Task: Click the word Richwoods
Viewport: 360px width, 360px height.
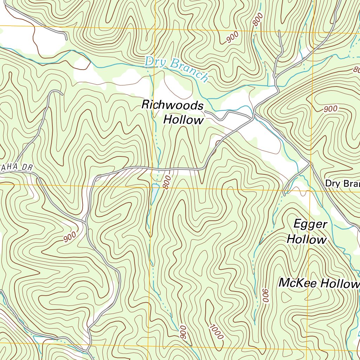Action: (172, 105)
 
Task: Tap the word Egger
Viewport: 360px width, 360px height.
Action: (310, 224)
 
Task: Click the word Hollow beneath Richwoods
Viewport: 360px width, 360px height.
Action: (184, 120)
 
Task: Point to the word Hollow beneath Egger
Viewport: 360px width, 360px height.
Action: (307, 240)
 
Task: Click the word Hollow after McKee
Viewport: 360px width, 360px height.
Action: (339, 284)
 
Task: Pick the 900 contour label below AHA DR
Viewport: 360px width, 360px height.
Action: (70, 237)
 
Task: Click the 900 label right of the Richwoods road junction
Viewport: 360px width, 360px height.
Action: (330, 109)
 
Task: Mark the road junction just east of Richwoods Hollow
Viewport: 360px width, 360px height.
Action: (253, 118)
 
